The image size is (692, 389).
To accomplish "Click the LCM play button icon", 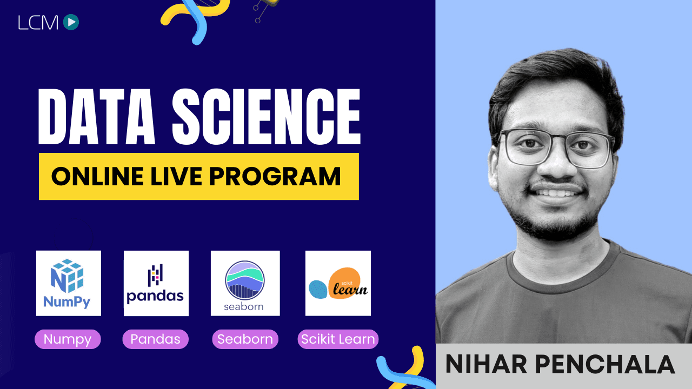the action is pos(71,22).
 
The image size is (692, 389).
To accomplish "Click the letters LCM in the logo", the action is pos(38,23).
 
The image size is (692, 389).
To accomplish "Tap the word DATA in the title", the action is pos(96,117).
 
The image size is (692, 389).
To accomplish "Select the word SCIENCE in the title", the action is pos(267,117).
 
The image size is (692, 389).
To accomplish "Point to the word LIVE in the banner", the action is pos(176,176).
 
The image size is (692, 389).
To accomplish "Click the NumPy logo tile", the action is pos(69,283).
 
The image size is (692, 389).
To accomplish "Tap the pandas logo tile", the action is pos(156,283).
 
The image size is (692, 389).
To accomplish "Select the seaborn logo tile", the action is pos(245,283).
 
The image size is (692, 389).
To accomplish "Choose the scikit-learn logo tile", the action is pos(338,283).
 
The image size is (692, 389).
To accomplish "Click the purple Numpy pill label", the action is pos(68,339).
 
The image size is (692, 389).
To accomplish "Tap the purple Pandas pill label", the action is pos(155,339).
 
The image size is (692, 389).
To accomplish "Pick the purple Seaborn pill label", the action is pos(245,339).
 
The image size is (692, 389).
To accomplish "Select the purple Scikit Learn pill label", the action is pos(338,339).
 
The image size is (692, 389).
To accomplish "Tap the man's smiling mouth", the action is pos(555,193).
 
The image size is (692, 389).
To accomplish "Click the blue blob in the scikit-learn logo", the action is pos(318,289).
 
